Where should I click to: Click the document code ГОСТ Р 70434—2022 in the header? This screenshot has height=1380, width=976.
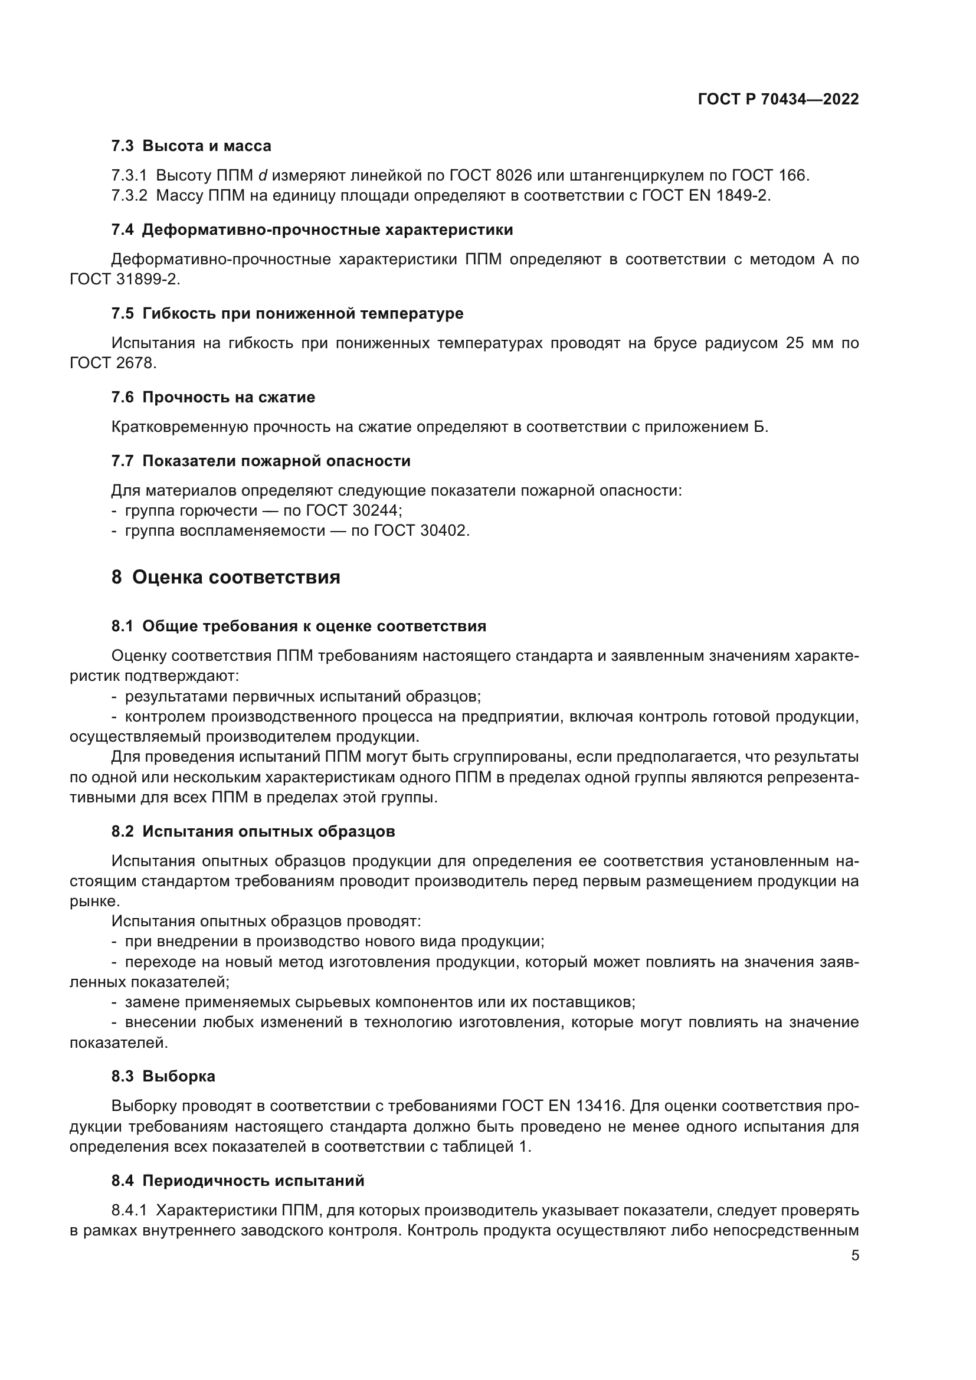click(x=778, y=99)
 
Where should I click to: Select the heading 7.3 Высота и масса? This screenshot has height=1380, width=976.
click(x=191, y=146)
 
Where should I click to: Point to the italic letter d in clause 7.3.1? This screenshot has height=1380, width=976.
click(x=263, y=176)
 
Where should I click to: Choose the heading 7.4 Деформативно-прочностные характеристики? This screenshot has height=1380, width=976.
click(x=312, y=230)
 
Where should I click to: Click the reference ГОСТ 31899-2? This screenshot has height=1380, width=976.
click(x=125, y=280)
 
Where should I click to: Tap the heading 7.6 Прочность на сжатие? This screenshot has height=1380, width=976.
click(x=213, y=397)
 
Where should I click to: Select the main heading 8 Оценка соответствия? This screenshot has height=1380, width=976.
click(x=225, y=578)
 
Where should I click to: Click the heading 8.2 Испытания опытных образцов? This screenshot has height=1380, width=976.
click(x=253, y=832)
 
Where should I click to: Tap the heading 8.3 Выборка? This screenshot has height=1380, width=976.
click(x=163, y=1077)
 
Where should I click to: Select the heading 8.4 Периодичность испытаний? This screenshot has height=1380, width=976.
click(x=237, y=1181)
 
